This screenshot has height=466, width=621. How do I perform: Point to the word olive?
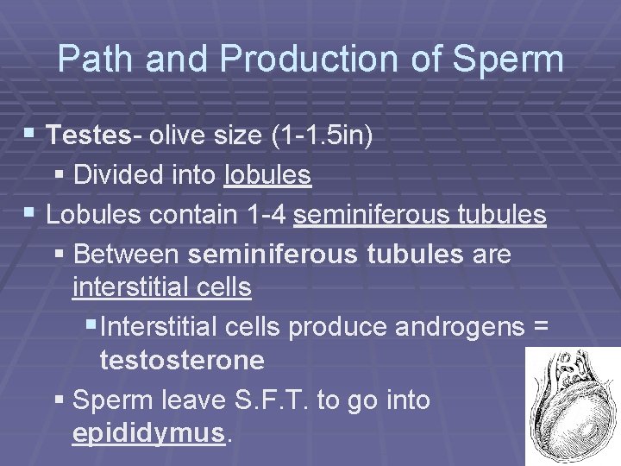click(175, 136)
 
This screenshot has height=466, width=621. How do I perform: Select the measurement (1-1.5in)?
click(324, 136)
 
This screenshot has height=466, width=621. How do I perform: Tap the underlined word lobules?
click(267, 176)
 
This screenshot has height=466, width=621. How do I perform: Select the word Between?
click(126, 255)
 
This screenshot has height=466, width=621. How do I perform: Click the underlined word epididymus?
click(148, 431)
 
